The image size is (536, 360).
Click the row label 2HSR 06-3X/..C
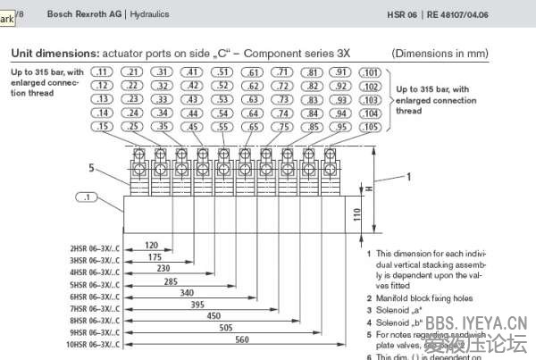click(x=95, y=248)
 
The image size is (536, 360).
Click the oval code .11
click(x=103, y=71)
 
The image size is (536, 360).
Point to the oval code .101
click(x=369, y=71)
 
